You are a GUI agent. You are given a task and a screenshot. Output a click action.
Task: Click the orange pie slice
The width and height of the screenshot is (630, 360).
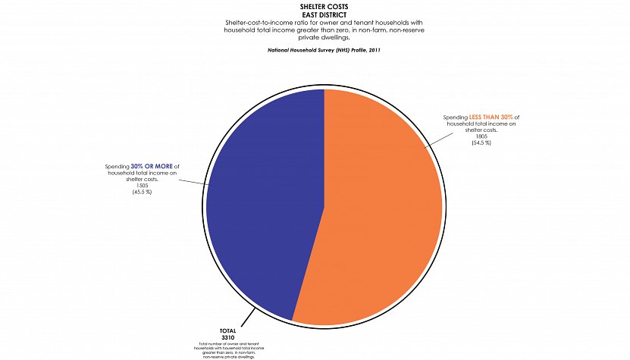tap(379, 212)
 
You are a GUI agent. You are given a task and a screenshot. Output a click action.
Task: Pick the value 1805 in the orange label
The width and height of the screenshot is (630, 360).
tap(481, 136)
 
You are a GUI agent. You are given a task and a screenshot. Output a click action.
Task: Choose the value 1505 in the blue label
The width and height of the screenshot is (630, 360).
tap(142, 185)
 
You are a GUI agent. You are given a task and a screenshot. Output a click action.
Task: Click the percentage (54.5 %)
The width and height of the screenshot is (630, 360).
tap(481, 143)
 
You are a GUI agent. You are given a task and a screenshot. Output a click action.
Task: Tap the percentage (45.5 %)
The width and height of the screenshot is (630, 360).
tap(142, 192)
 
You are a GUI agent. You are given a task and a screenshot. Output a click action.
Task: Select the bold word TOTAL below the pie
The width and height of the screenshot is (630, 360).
tap(228, 331)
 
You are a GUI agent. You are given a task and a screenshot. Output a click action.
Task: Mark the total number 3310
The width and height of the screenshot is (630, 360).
tap(228, 337)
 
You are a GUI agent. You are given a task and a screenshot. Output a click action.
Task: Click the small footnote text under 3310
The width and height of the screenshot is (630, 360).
tap(228, 349)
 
